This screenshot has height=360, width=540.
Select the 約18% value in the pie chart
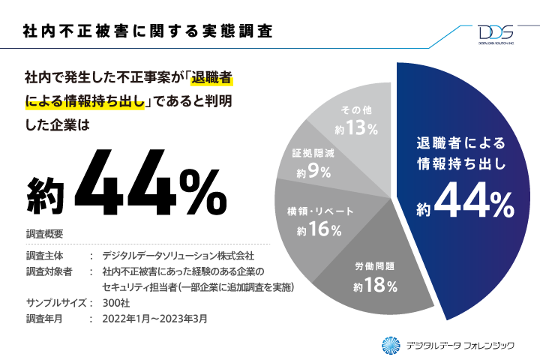coord(375,285)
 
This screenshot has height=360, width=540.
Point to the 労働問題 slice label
coord(375,267)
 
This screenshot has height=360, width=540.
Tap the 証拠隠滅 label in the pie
coord(319,152)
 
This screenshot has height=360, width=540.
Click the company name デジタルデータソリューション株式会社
coord(183,256)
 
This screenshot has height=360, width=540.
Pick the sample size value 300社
coord(118,304)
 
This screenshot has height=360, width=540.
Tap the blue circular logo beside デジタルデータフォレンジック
coord(391,344)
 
